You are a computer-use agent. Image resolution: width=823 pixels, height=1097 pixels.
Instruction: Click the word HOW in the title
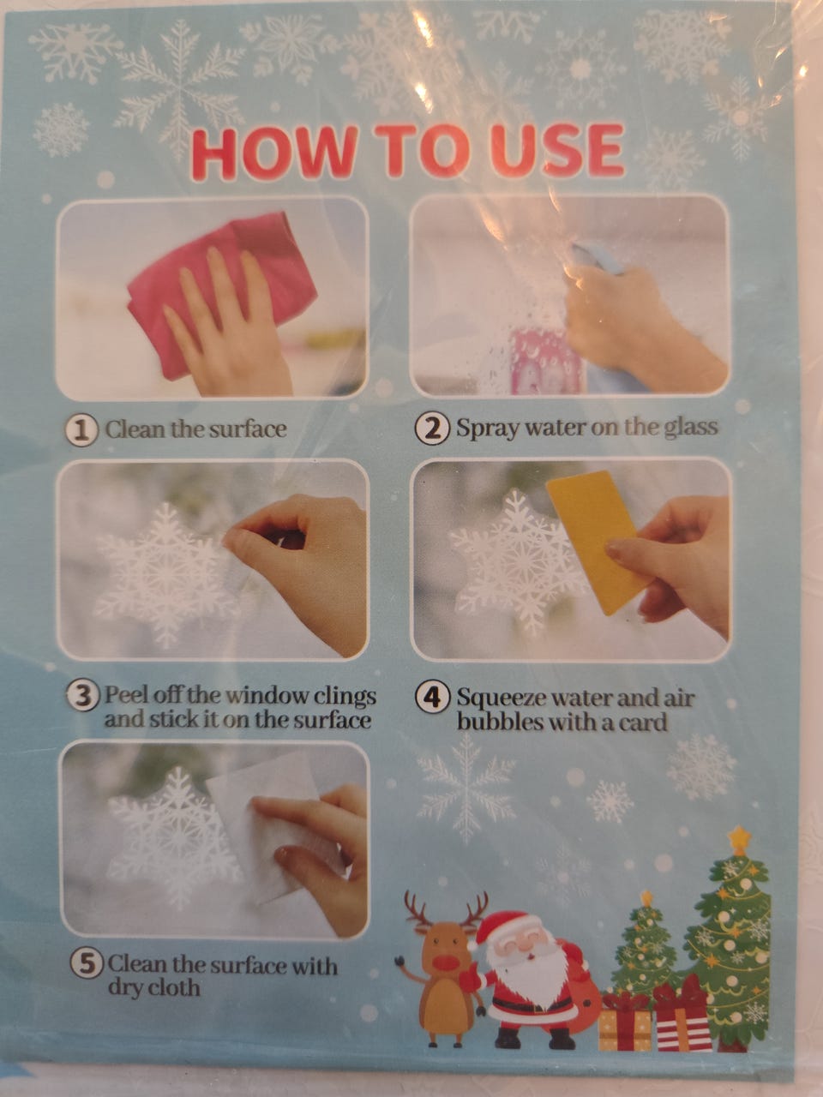click(273, 152)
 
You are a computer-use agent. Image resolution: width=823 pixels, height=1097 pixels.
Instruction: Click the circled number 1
click(81, 431)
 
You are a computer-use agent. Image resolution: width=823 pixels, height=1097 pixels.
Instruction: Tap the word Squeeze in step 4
click(503, 698)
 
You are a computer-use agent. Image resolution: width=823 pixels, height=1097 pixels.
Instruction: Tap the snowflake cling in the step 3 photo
click(165, 575)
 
